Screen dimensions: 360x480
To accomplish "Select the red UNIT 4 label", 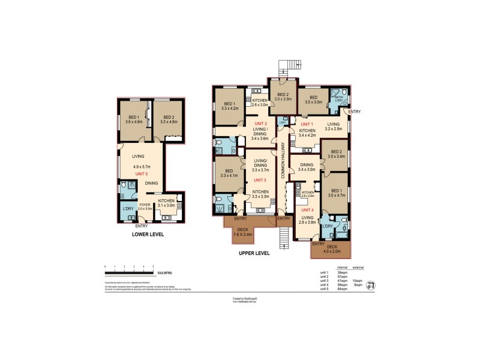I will tap(307, 210).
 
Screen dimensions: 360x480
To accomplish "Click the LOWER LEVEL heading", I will tap(148, 235).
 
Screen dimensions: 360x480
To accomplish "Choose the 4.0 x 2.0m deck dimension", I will tap(331, 251).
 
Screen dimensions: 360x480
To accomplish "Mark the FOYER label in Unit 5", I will tap(145, 205).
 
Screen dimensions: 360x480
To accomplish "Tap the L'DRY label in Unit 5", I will tap(127, 209).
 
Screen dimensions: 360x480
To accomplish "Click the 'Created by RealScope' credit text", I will tap(244, 297).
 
